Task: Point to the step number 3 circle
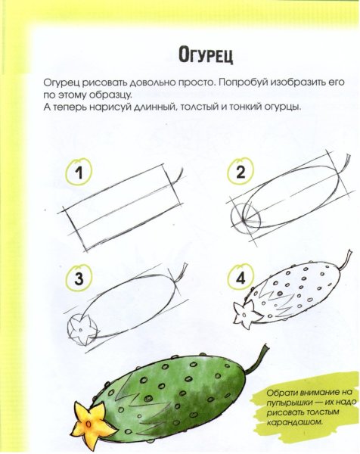click(78, 278)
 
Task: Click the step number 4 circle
click(241, 278)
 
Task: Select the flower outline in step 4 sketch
click(244, 311)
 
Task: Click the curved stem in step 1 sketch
click(178, 173)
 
